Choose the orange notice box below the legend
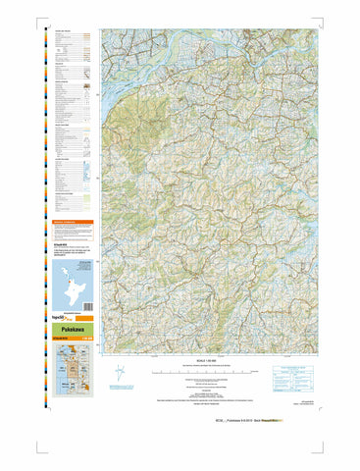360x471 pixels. point(73,225)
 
